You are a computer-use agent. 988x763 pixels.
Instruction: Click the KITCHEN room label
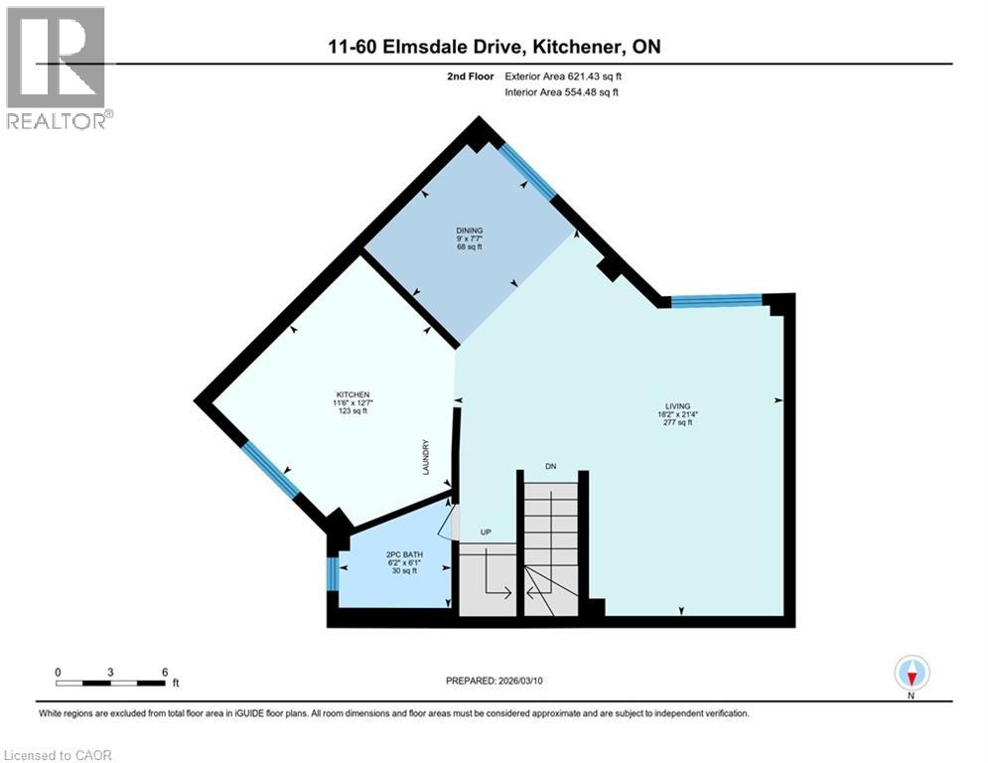(353, 394)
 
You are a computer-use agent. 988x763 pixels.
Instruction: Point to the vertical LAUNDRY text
(426, 457)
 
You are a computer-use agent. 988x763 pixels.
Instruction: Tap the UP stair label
(487, 533)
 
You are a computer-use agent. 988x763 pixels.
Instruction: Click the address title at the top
(494, 47)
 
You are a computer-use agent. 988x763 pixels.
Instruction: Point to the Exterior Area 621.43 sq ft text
(568, 76)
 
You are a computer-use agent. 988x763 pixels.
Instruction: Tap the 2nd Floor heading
(473, 76)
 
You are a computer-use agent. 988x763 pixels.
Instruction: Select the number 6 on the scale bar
(164, 672)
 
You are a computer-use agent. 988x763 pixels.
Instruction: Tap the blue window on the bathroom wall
(333, 574)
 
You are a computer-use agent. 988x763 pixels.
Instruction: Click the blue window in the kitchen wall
(271, 469)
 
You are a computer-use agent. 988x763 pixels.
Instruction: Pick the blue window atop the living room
(716, 300)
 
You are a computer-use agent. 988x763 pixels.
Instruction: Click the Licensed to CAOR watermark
(60, 755)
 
